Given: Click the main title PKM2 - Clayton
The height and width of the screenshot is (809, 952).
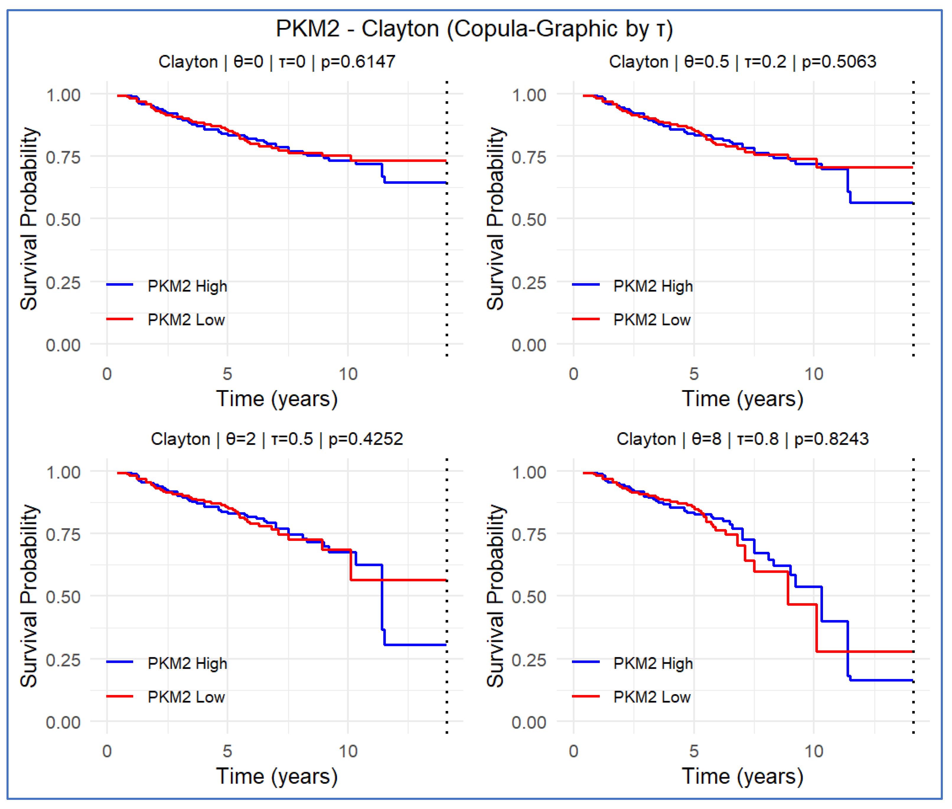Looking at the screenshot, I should (474, 29).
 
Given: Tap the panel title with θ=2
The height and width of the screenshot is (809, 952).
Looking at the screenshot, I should (276, 439).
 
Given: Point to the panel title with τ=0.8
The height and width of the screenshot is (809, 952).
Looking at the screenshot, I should (742, 439).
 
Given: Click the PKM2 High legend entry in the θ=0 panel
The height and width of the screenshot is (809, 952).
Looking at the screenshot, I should (187, 286).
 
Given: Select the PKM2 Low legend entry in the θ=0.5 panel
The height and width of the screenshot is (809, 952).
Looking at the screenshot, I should (652, 320).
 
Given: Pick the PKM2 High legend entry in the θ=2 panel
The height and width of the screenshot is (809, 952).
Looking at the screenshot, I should (187, 663).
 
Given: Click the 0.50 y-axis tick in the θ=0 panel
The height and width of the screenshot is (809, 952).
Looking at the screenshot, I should (63, 220).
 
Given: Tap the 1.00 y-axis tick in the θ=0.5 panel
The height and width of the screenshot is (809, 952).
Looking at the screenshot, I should (529, 95).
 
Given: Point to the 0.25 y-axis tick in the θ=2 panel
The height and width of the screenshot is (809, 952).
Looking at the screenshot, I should (63, 660).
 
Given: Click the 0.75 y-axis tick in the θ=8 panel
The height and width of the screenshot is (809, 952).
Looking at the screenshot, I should (529, 535).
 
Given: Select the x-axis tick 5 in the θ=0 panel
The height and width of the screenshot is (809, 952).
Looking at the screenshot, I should (227, 374).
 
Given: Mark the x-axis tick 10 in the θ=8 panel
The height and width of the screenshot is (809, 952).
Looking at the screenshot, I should (814, 751).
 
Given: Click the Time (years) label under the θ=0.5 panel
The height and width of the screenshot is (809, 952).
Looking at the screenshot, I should (742, 399).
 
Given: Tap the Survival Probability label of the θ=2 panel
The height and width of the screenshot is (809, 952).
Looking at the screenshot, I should (28, 596).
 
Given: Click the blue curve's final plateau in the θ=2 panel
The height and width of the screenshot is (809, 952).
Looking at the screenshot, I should (415, 645).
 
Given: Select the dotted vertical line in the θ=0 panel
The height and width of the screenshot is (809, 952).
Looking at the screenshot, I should (447, 257).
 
